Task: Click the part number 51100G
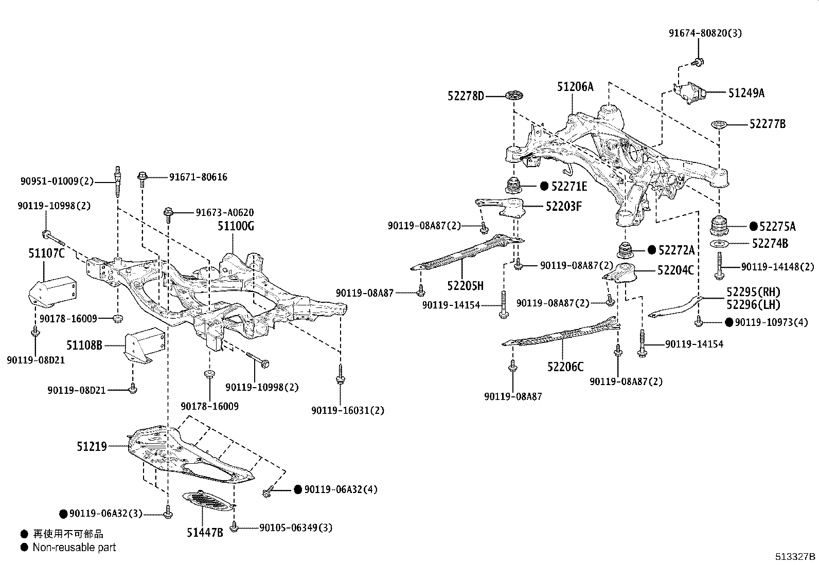[x=236, y=226]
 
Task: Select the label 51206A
[x=575, y=87]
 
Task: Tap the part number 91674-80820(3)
[x=705, y=33]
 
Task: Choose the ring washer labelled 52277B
[x=718, y=124]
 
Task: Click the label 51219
[x=92, y=447]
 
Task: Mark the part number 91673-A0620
[x=224, y=213]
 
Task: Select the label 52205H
[x=465, y=286]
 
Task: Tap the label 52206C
[x=565, y=367]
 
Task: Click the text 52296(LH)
[x=753, y=305]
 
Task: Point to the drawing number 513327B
[x=796, y=557]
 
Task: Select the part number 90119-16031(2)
[x=348, y=411]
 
